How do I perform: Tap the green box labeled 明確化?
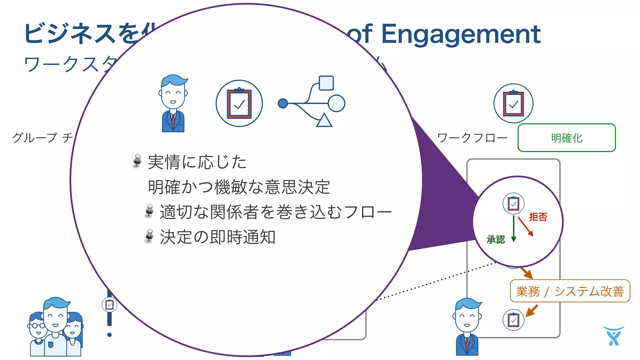[567, 138]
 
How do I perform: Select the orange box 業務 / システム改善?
[570, 291]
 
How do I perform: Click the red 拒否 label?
[538, 217]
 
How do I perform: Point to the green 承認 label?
[496, 240]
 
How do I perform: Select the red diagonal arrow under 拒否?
[525, 226]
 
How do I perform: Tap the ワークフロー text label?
[472, 138]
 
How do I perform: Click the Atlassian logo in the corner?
[613, 336]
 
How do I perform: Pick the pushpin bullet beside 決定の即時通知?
[149, 236]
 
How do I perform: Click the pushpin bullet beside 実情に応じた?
[137, 161]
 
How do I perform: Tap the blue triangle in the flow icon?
[324, 121]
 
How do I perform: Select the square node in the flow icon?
[326, 83]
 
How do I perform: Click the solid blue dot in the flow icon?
[283, 103]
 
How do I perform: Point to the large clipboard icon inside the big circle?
[239, 103]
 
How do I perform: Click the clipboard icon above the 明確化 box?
[513, 103]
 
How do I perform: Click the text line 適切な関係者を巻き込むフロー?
[275, 212]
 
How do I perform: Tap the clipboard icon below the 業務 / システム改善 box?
[513, 320]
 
